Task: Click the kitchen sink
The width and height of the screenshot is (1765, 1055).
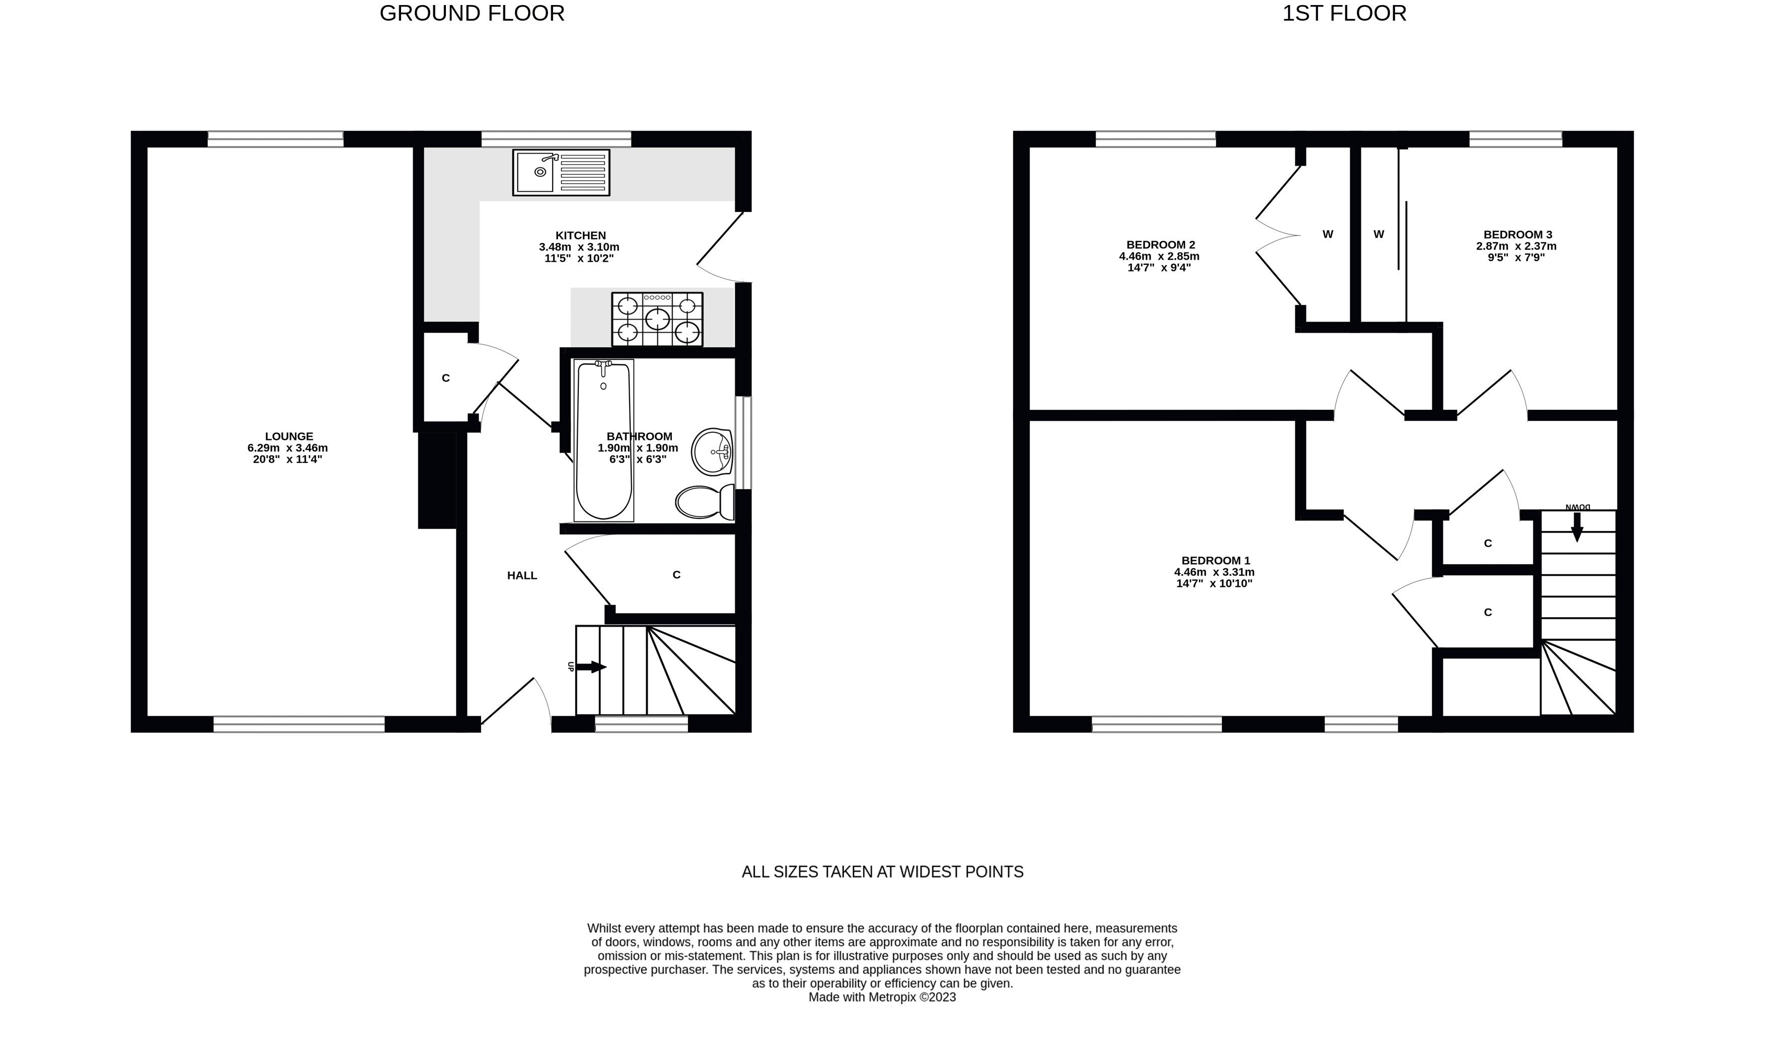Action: [x=561, y=172]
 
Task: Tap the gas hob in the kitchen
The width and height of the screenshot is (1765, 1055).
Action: [x=657, y=319]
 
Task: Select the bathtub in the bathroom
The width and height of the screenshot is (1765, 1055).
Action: [x=603, y=441]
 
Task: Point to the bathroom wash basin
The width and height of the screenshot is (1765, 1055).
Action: [x=712, y=450]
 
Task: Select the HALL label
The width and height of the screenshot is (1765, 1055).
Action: [x=522, y=575]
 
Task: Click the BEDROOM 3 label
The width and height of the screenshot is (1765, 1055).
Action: [x=1517, y=235]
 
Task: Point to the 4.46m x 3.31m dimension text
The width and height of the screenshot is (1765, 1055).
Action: [x=1214, y=572]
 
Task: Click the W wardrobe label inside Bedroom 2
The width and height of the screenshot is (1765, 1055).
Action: [x=1327, y=235]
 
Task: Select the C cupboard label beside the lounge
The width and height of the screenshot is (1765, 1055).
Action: [x=446, y=378]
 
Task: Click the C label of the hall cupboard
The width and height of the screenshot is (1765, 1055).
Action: [x=676, y=574]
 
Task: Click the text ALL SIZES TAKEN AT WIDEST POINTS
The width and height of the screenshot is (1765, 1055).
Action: [x=882, y=872]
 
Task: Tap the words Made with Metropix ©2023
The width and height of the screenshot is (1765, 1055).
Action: [x=882, y=998]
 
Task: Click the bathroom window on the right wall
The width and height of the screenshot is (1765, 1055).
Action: [x=743, y=442]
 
